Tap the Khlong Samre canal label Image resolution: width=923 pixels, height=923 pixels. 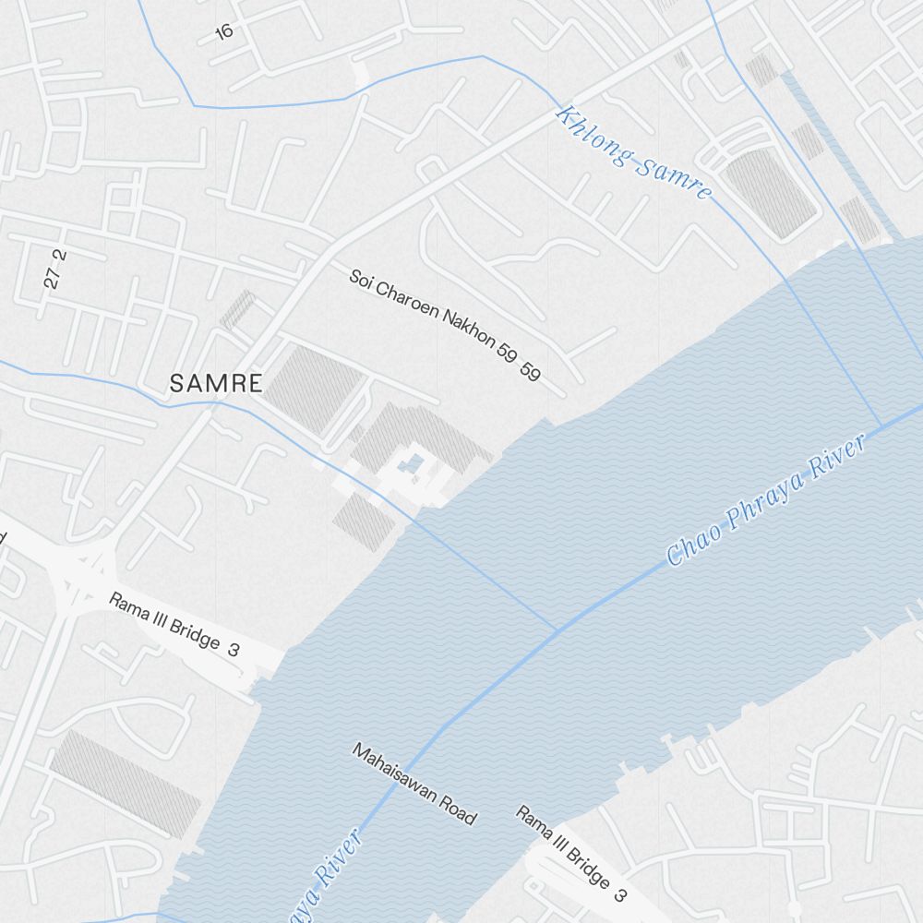(x=634, y=154)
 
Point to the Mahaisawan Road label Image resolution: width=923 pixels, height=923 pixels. (x=414, y=784)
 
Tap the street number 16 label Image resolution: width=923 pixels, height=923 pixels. (x=223, y=31)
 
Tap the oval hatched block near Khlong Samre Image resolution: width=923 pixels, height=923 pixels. (x=772, y=193)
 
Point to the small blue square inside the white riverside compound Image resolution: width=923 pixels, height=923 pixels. (x=414, y=461)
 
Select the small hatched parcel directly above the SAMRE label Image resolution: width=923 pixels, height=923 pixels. (x=237, y=310)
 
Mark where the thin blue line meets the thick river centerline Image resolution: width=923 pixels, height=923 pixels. (x=559, y=630)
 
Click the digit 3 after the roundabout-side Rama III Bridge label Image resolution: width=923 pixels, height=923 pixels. (x=234, y=650)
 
